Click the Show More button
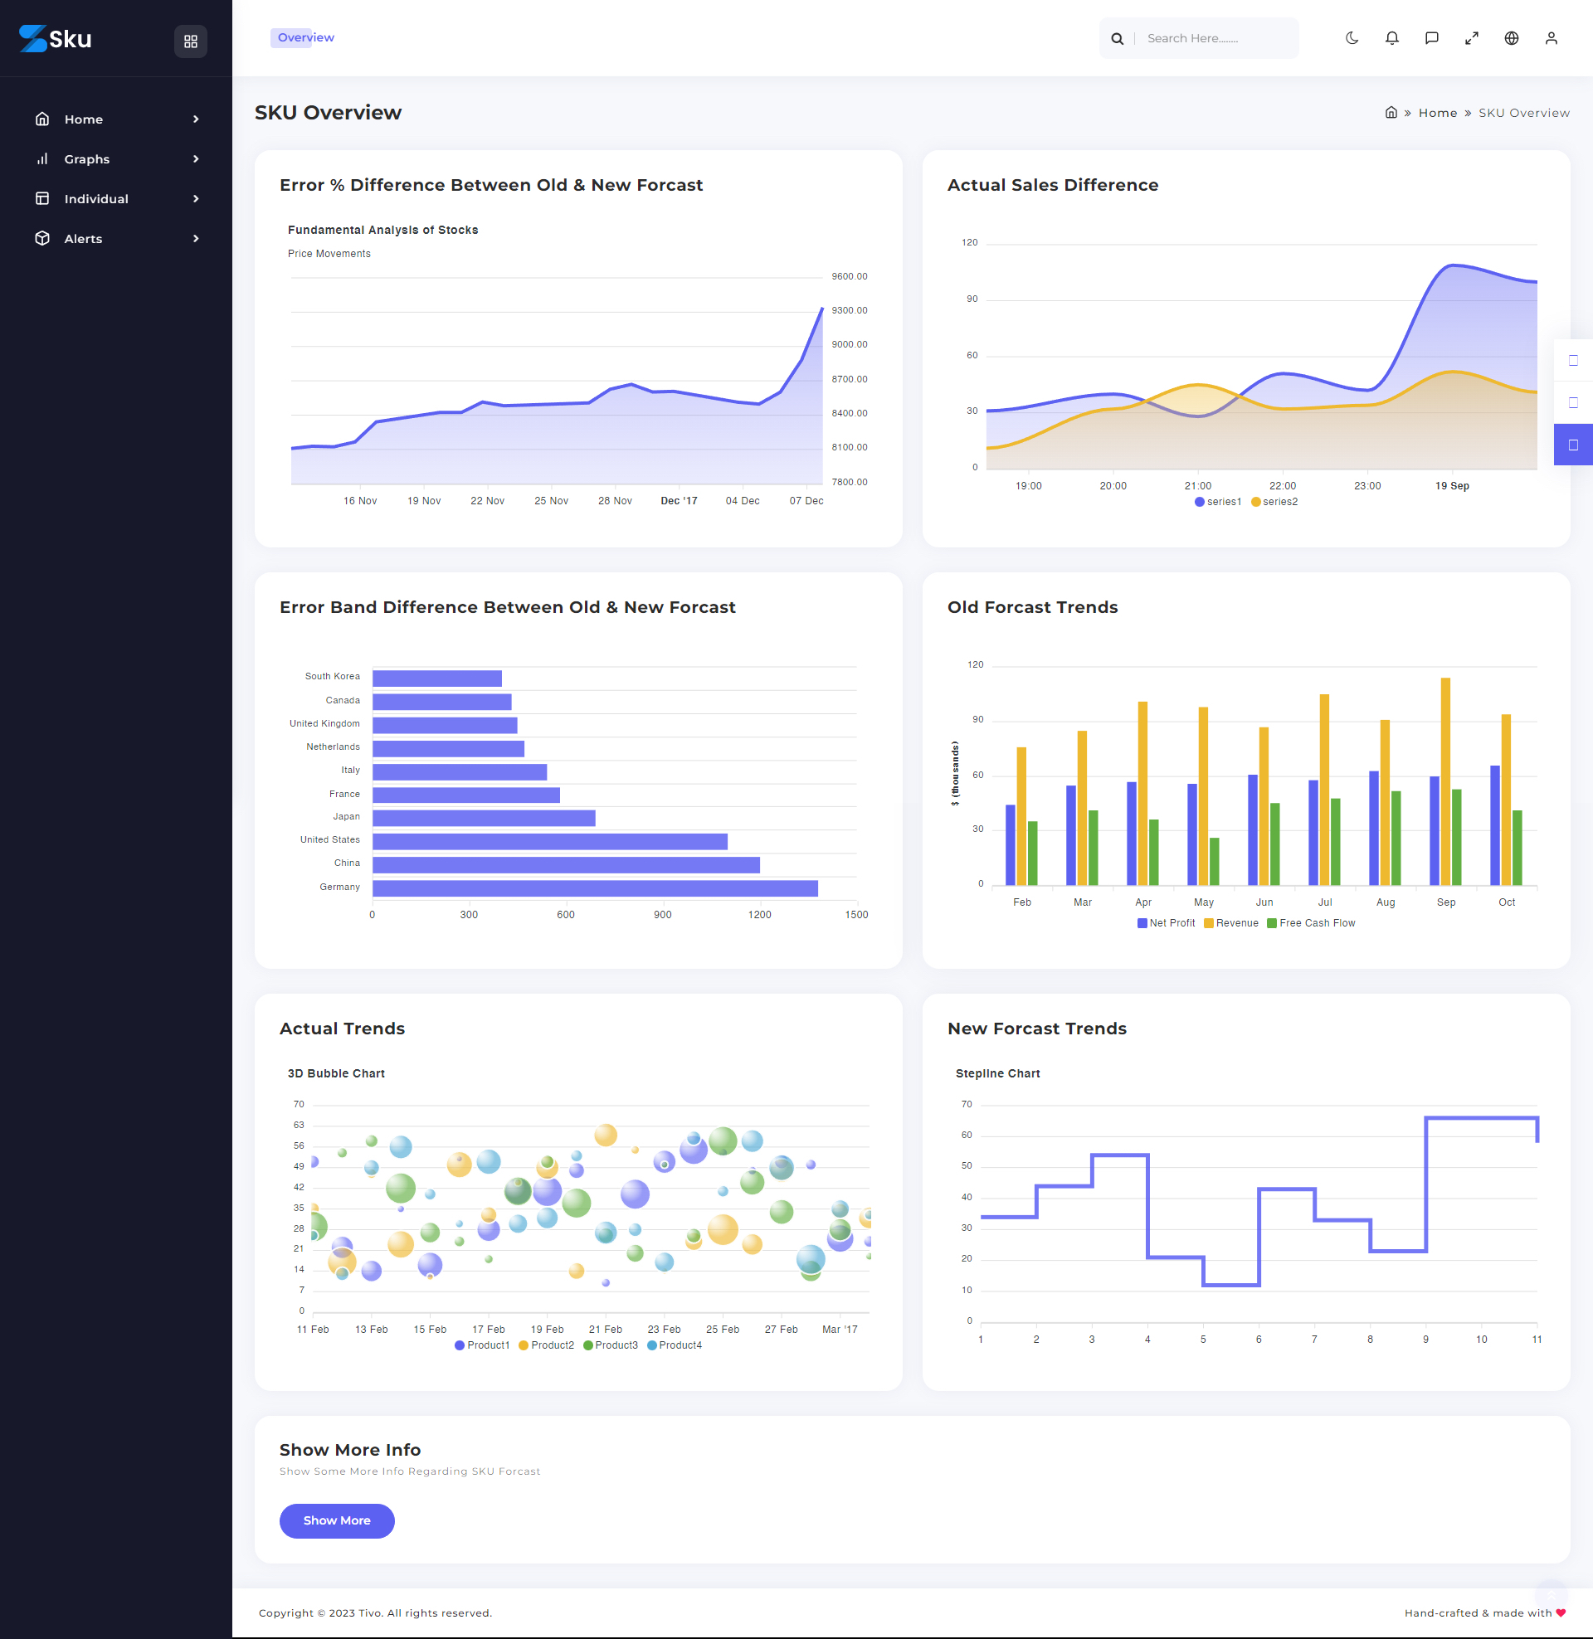(336, 1520)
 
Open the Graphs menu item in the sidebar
(87, 159)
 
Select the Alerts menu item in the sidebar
(83, 238)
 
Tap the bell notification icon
(1391, 38)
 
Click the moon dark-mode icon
(1352, 38)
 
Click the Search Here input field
(1213, 38)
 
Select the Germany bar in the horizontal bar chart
(594, 888)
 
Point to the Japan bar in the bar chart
(484, 818)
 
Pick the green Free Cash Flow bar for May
(1214, 861)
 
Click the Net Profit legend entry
(1166, 923)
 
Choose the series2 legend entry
(1274, 502)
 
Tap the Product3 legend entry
(611, 1345)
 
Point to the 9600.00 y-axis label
(850, 277)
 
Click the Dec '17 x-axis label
(679, 501)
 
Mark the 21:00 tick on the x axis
(1197, 486)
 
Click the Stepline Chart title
(997, 1073)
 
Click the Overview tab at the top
(305, 37)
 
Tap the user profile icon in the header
(1551, 38)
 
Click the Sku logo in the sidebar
(56, 38)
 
